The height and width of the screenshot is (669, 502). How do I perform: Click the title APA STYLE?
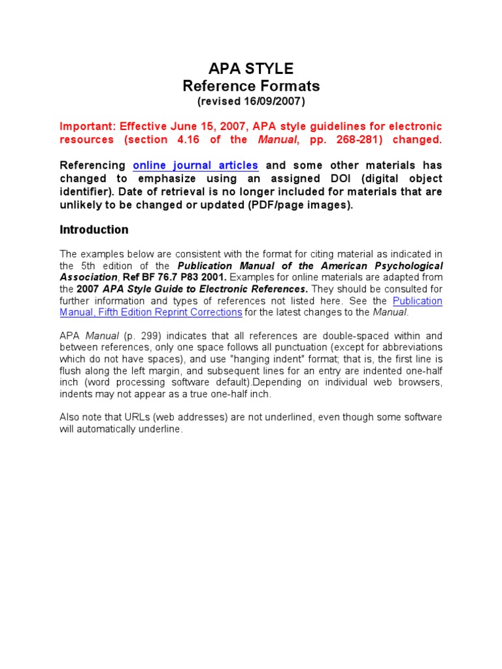(251, 69)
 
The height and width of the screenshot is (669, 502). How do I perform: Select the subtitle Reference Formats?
(251, 86)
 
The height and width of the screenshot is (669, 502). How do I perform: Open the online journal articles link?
(195, 165)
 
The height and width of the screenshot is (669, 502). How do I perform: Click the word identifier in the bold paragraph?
(82, 191)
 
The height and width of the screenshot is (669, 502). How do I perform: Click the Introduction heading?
(94, 230)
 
